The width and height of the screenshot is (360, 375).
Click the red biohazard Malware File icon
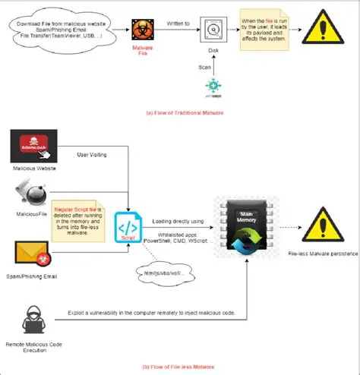click(141, 30)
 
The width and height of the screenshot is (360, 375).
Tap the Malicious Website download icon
click(31, 145)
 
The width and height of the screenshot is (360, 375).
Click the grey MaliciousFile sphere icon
click(33, 196)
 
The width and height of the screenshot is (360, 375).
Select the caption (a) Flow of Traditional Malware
click(180, 113)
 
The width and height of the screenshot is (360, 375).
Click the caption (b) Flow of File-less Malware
click(180, 367)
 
